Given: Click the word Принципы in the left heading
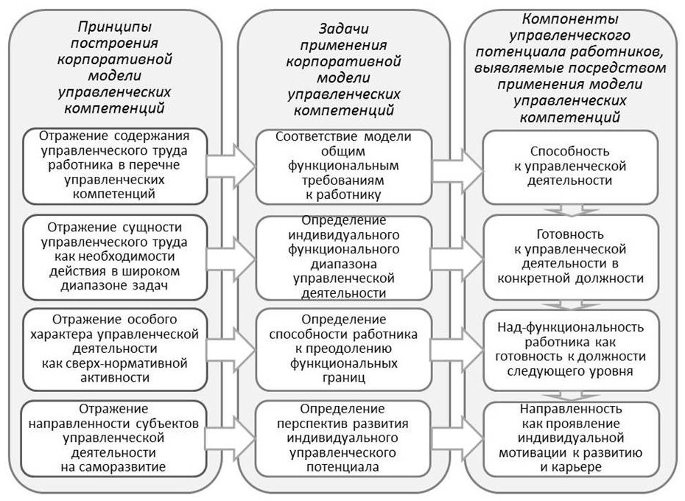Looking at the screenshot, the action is pos(115,27).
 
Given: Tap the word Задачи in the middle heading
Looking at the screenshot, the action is pos(343,29).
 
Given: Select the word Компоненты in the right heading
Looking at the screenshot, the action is pos(570,19).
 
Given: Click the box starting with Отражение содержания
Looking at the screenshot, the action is pos(114,166).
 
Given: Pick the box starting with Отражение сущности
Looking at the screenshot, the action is pos(114,257).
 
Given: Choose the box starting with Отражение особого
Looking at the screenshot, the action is pos(114,349).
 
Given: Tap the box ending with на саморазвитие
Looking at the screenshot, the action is pos(114,438).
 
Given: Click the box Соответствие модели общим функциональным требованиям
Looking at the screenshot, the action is pos(344,167).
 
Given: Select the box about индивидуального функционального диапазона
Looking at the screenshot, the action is pos(344,258).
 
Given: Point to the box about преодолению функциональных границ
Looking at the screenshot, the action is pos(344,349).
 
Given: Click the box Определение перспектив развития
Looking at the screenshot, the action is pos(343,438).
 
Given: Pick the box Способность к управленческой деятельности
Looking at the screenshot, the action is pos(570,167).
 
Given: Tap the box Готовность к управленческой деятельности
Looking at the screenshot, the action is pos(571,257).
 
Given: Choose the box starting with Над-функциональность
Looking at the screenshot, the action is pos(571,350).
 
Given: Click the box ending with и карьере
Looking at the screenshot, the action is pos(571,439).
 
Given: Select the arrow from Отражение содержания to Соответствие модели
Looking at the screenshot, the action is pos(231,166).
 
